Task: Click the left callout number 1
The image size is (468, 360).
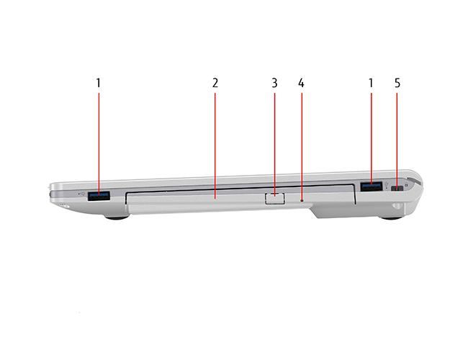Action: click(x=98, y=83)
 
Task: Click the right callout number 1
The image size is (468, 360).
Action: click(x=371, y=83)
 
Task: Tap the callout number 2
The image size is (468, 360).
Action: click(x=215, y=83)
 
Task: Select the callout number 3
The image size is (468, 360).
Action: click(x=274, y=83)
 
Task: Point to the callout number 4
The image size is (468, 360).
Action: click(x=301, y=83)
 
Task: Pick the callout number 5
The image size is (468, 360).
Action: click(x=397, y=83)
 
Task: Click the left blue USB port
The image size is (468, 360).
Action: click(x=99, y=196)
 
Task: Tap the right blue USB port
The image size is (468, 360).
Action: click(x=372, y=186)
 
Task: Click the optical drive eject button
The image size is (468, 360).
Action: click(x=274, y=199)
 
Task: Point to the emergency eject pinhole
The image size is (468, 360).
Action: click(x=302, y=201)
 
